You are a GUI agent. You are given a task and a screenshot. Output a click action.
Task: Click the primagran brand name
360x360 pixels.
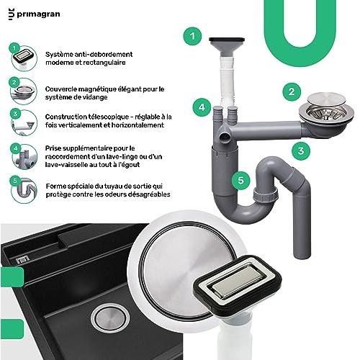point(38,14)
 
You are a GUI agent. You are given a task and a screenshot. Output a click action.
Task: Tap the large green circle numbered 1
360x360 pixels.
point(192,36)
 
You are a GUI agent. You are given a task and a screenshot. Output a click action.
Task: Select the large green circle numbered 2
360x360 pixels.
point(292,91)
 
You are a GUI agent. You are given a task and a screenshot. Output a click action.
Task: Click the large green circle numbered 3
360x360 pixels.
point(301,151)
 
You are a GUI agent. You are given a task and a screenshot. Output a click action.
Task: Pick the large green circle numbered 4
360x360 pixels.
point(202,107)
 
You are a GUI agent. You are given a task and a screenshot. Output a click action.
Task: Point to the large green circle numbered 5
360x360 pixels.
point(240,180)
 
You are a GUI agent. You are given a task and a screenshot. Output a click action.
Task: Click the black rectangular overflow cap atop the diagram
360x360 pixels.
point(227,40)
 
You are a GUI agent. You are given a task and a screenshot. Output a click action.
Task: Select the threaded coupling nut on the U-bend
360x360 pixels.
point(266,194)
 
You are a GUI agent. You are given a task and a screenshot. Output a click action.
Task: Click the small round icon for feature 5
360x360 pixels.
point(24,190)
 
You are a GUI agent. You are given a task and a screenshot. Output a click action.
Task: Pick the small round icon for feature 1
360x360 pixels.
point(24,58)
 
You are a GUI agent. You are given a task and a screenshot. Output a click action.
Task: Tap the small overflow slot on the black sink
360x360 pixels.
point(23,259)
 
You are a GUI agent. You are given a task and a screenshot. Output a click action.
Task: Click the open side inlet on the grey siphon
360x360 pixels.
point(225,138)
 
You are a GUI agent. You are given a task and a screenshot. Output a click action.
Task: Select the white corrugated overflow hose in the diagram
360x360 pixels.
point(227,81)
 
